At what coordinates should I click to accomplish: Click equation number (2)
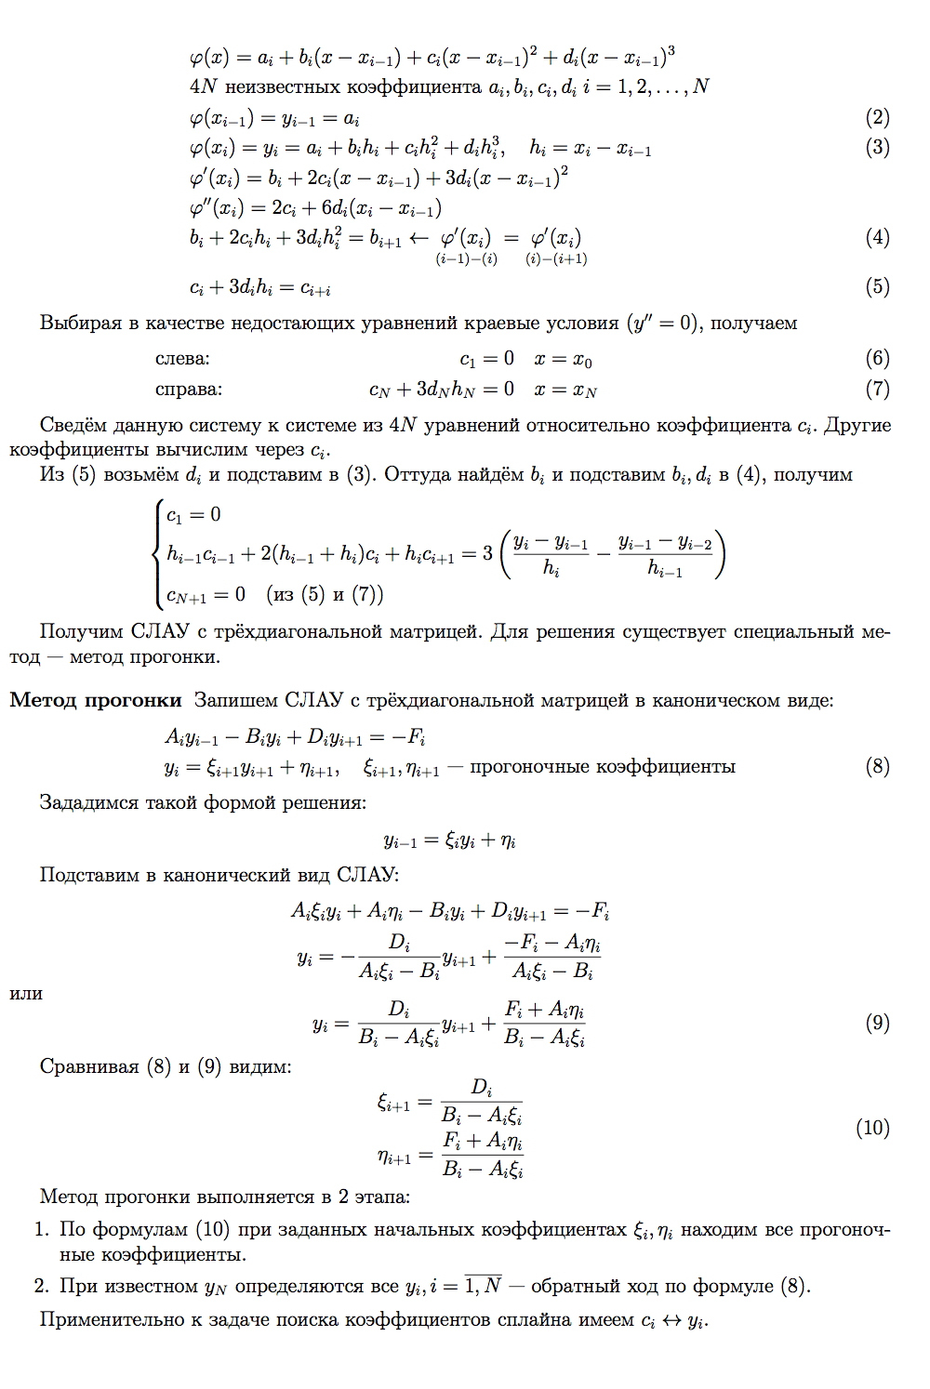[x=877, y=117]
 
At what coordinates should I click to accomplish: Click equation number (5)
[x=877, y=286]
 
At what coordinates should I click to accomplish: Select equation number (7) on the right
[x=877, y=389]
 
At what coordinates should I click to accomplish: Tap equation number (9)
[x=877, y=1023]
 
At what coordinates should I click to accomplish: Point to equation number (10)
[x=872, y=1128]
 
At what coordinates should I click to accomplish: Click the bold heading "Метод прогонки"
[x=96, y=700]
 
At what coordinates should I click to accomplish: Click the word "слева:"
[x=182, y=358]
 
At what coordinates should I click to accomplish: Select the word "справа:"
[x=189, y=389]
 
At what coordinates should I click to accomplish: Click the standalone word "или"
[x=26, y=993]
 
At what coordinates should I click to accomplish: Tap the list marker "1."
[x=42, y=1229]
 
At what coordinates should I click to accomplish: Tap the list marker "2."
[x=42, y=1286]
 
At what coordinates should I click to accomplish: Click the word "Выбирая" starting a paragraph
[x=81, y=323]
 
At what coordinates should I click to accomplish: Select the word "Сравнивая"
[x=89, y=1066]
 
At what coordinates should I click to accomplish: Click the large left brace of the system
[x=156, y=553]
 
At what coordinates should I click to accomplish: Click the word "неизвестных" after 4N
[x=283, y=86]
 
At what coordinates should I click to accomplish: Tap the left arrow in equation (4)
[x=418, y=238]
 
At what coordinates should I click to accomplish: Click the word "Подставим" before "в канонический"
[x=88, y=875]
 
